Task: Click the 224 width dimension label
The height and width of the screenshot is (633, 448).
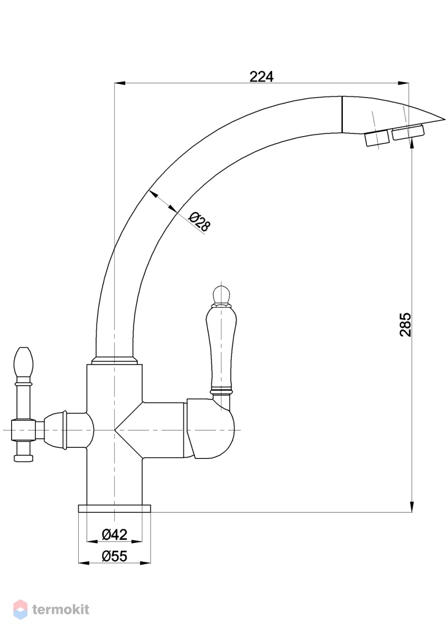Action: pos(262,76)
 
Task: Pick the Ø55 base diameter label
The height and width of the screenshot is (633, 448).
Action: pos(114,556)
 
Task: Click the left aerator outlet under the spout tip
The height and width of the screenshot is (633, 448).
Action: pos(376,138)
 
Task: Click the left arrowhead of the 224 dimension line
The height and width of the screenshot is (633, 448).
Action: pos(120,83)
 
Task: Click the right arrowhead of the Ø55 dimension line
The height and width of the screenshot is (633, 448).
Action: pos(145,563)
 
